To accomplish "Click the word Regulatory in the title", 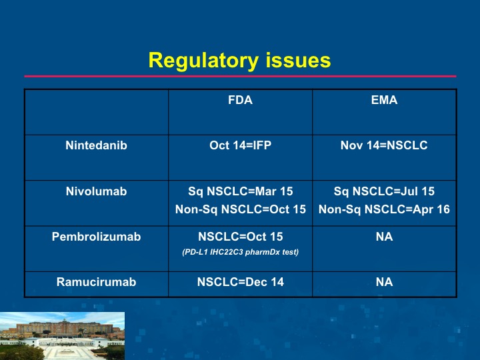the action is pos(203,61).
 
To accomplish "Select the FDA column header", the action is pos(240,100).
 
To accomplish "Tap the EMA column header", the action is pos(384,100).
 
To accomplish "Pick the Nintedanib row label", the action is pos(97,145).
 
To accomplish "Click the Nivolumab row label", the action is pos(97,191).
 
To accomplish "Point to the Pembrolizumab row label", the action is pos(97,237).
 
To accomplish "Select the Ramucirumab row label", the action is pos(97,282).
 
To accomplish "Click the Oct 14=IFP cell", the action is pos(240,145).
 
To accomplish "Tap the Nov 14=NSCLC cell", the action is pos(384,145).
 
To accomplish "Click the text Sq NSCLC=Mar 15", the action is pos(240,191).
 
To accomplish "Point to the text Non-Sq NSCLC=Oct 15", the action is pos(240,209).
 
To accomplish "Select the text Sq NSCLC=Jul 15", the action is pos(384,191).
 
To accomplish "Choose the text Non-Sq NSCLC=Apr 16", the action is pos(384,209).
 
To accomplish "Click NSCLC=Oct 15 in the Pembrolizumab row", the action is pos(240,237).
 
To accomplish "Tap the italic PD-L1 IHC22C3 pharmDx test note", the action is pos(240,252).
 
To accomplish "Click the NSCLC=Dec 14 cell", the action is pos(240,282).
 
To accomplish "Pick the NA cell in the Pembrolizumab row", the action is pos(384,237).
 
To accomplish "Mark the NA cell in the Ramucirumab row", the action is pos(384,282).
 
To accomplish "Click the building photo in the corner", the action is pos(62,336).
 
